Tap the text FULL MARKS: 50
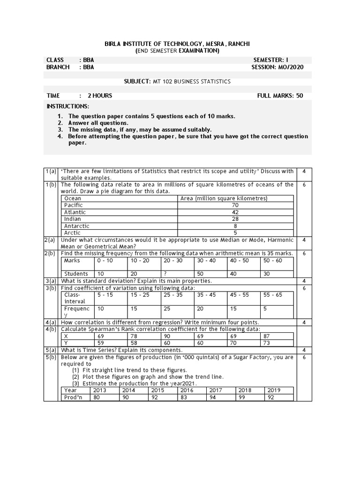(x=280, y=96)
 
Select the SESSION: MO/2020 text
(x=277, y=67)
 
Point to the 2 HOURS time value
(x=100, y=96)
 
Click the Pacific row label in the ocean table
(x=73, y=205)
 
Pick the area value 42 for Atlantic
(x=235, y=212)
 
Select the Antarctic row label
(x=76, y=226)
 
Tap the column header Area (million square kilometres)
(x=224, y=198)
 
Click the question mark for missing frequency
(x=165, y=274)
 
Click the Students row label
(x=76, y=274)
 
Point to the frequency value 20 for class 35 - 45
(x=200, y=309)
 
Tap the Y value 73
(x=267, y=343)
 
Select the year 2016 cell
(x=187, y=390)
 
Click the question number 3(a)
(x=51, y=281)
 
